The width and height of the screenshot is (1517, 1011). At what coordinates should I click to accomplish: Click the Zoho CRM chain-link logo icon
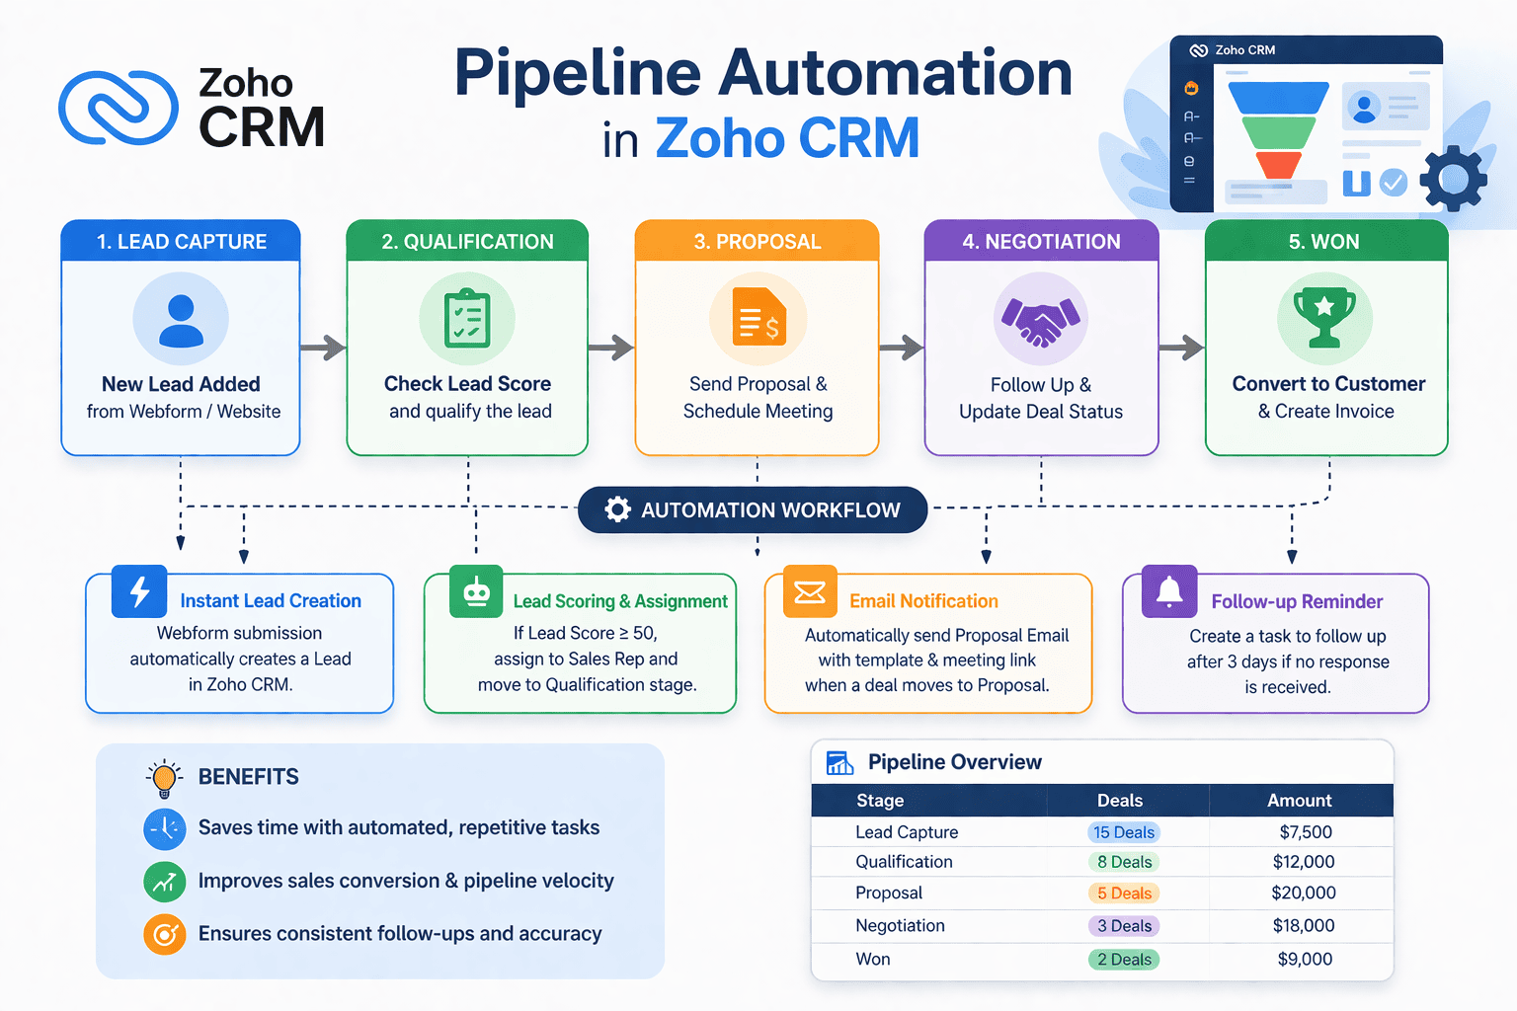(x=119, y=107)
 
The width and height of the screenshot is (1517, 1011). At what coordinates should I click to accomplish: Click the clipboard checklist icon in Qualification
(x=467, y=319)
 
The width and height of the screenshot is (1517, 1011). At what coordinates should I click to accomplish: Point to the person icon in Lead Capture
(x=181, y=320)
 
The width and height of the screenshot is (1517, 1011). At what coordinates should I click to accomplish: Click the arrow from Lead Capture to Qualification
(x=323, y=348)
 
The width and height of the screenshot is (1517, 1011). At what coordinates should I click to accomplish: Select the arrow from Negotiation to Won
(x=1181, y=348)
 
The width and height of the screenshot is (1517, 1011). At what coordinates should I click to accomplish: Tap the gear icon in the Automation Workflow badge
(x=618, y=509)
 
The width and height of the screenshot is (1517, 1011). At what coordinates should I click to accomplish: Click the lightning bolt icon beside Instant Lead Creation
(x=139, y=591)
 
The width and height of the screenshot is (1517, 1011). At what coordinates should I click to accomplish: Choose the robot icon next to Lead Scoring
(x=476, y=591)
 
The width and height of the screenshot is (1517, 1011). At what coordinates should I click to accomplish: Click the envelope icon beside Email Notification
(x=810, y=591)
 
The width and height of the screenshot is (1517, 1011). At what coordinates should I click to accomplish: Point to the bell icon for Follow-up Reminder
(x=1169, y=591)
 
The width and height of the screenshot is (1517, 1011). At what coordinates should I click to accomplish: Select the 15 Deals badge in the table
(x=1124, y=832)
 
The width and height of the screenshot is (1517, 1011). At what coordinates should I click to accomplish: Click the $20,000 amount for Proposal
(x=1304, y=893)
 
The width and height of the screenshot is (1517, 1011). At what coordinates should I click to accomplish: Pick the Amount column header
(x=1300, y=801)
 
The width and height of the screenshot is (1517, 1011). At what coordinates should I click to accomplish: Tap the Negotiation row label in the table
(x=900, y=925)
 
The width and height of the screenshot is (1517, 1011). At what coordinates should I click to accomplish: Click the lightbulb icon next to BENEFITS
(x=165, y=778)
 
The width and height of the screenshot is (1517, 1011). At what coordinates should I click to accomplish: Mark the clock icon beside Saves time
(x=165, y=828)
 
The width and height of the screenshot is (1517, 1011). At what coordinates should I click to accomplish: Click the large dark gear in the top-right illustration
(x=1453, y=179)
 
